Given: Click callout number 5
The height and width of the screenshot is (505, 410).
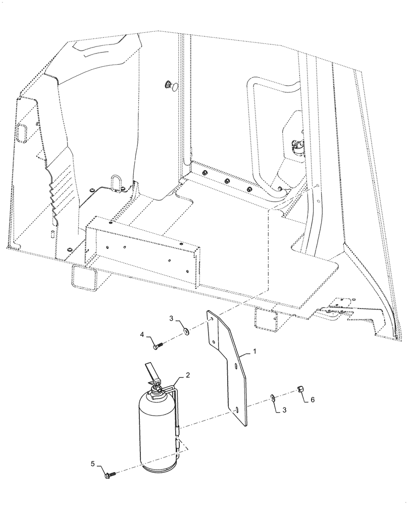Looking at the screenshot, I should click(92, 464).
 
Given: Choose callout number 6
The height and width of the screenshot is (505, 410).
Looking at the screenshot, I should click(312, 399).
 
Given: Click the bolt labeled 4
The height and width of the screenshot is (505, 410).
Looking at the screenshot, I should click(158, 346).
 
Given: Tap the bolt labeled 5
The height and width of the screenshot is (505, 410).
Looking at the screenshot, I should click(109, 474).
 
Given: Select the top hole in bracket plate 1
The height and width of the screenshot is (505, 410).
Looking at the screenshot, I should click(212, 320).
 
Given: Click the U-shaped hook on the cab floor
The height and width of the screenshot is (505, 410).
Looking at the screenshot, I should click(116, 182).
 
